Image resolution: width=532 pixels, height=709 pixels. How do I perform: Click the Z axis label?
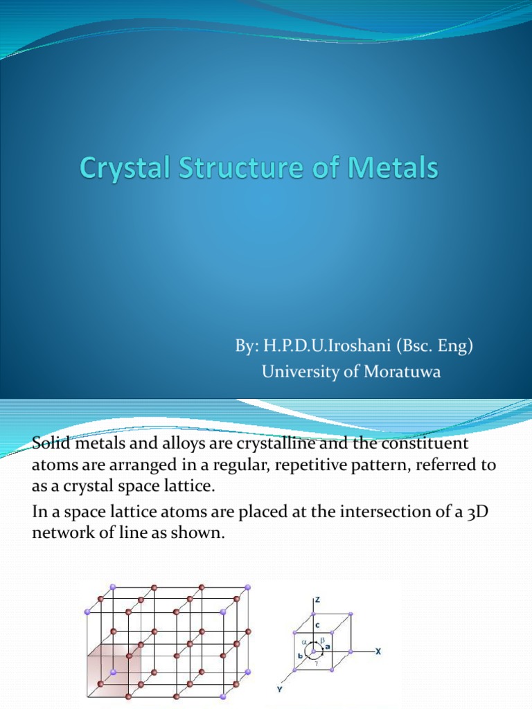(x=317, y=600)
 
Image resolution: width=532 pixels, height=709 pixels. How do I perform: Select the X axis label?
(x=378, y=652)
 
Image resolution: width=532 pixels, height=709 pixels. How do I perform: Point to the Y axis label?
(x=278, y=690)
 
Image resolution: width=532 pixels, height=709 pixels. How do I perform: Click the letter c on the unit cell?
(x=317, y=625)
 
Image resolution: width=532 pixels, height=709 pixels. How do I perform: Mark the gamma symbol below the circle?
(x=316, y=664)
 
